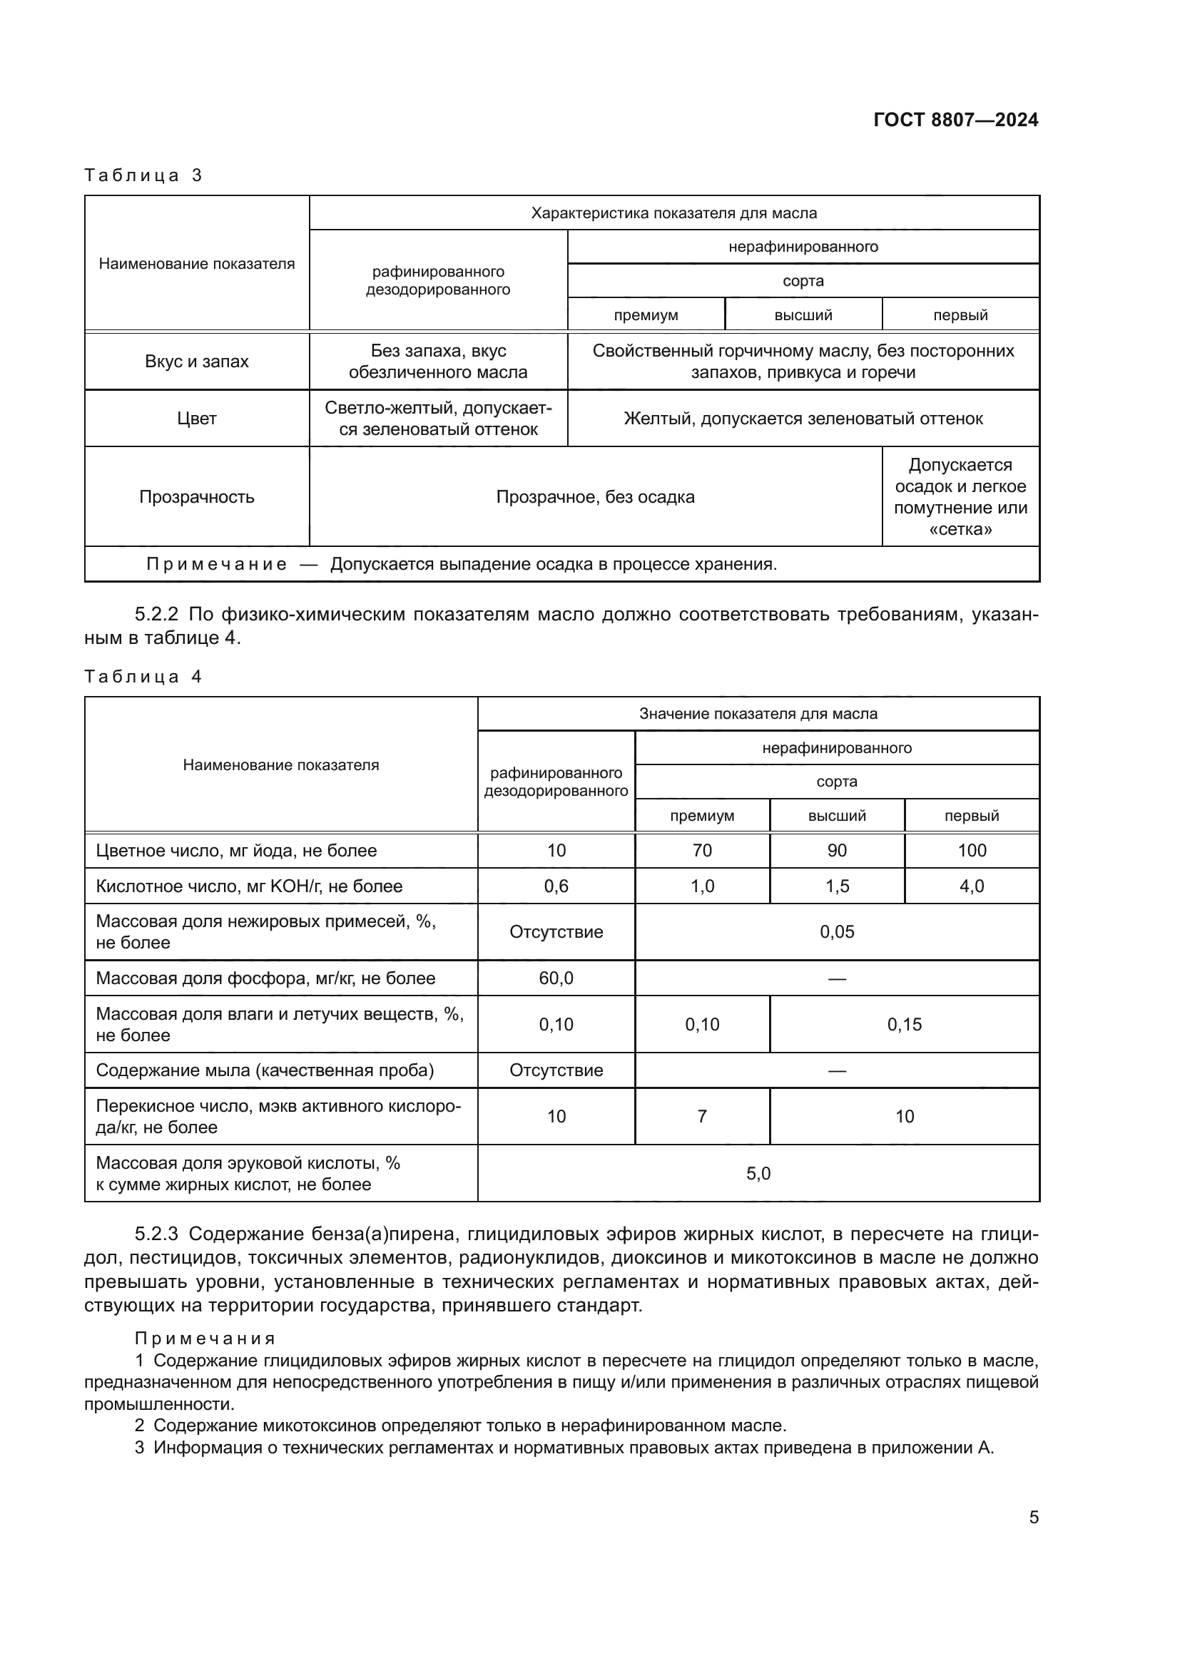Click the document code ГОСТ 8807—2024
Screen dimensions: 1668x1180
pos(955,120)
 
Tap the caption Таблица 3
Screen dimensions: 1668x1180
pos(143,175)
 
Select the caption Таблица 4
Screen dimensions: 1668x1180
pos(143,676)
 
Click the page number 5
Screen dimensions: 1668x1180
pos(1033,1517)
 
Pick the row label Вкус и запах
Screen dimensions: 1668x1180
pos(197,361)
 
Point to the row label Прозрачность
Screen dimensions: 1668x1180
pos(197,497)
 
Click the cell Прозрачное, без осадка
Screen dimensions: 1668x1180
pos(595,497)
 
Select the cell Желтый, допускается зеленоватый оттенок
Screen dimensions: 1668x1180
pos(803,419)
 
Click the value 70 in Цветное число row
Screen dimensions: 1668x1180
pos(702,850)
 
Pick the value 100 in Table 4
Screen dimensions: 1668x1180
pos(972,850)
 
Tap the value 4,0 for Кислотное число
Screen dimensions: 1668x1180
pos(972,886)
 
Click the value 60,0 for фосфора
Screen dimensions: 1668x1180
pos(556,978)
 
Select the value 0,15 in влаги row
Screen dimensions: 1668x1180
pos(904,1024)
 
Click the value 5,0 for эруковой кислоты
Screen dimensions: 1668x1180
pos(758,1173)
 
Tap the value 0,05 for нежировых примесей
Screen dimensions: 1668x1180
pos(836,931)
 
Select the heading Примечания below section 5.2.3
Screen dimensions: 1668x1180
pos(205,1338)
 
